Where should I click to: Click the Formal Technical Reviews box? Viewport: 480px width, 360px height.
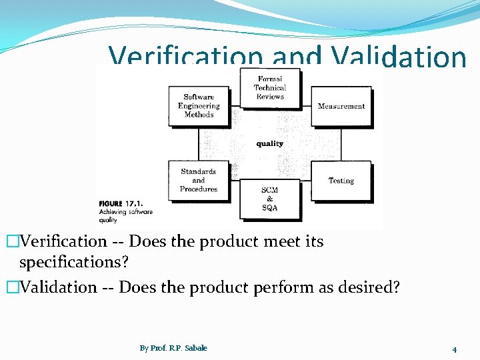point(270,88)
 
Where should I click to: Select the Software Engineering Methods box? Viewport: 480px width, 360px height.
point(199,106)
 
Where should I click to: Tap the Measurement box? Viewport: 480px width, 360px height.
point(341,107)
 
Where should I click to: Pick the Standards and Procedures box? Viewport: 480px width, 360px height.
point(199,180)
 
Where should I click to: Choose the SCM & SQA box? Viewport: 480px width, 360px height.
point(269,199)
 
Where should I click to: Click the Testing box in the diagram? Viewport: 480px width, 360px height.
point(341,181)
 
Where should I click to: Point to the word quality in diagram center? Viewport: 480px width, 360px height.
point(269,143)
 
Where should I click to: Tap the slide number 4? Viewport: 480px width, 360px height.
point(454,349)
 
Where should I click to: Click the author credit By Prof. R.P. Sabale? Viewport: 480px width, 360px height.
point(173,348)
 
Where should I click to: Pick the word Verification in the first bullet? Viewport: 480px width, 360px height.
point(63,241)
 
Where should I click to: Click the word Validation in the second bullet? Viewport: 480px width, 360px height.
point(59,287)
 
